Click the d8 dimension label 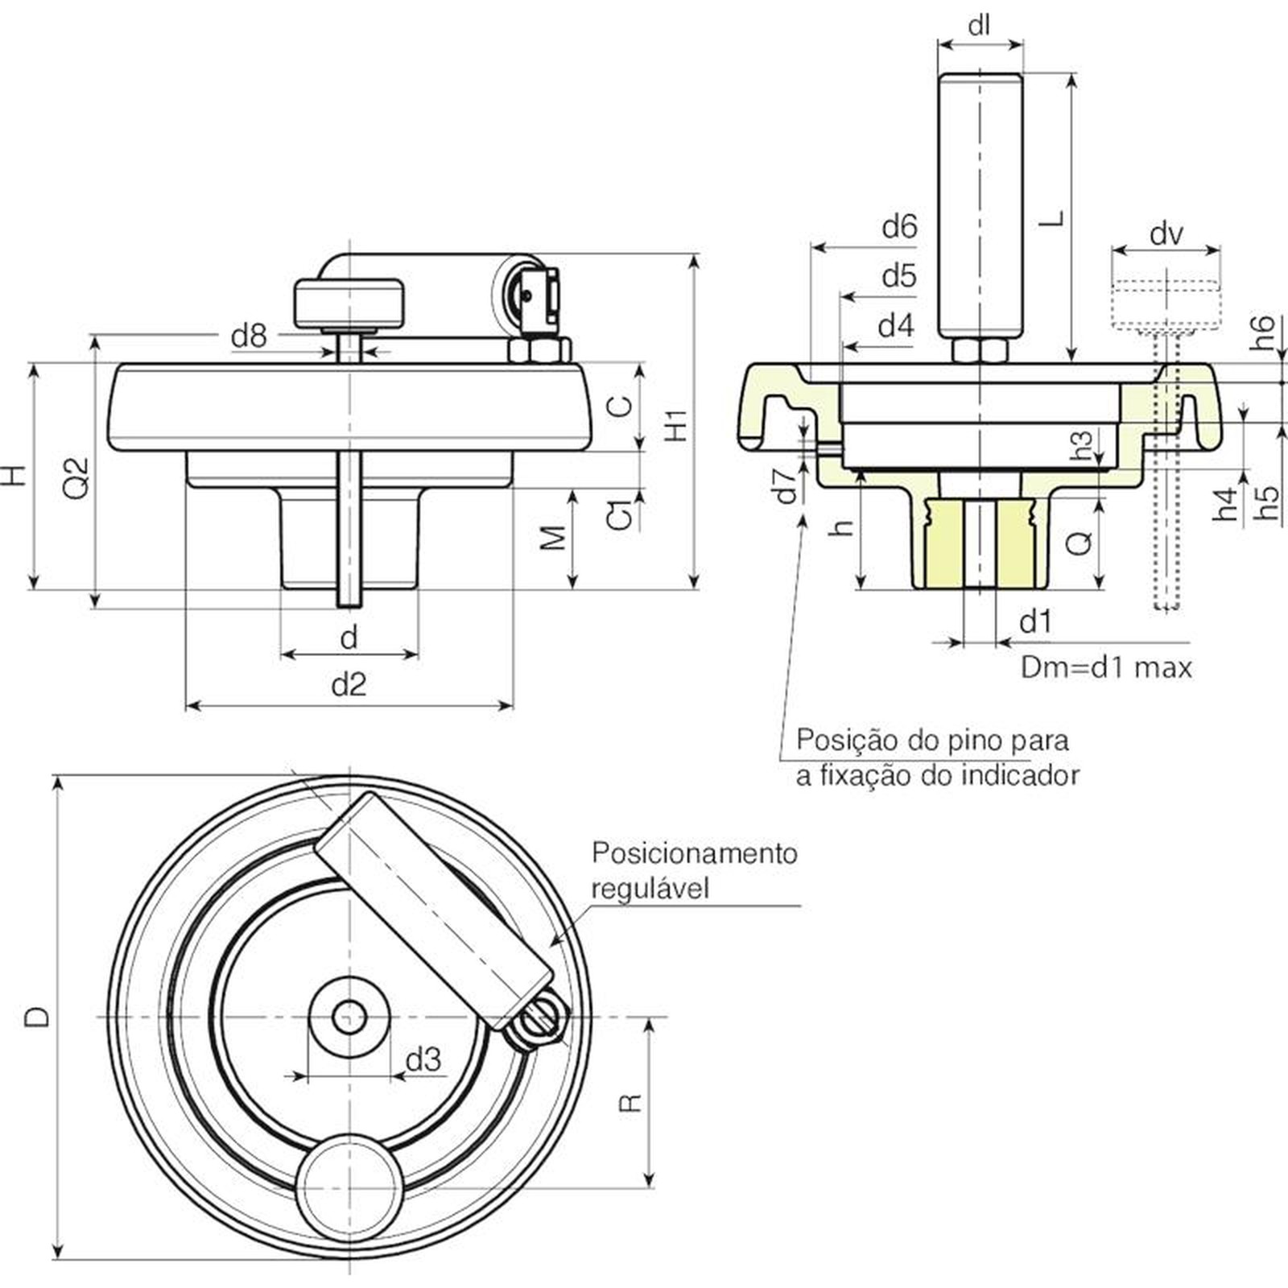[x=248, y=335]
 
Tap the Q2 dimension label [x=76, y=477]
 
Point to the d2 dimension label [x=349, y=685]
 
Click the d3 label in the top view [x=423, y=1060]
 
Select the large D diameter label [x=37, y=1017]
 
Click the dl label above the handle [x=979, y=26]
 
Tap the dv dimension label [x=1166, y=233]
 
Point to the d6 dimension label [x=899, y=227]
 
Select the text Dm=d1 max [x=1105, y=667]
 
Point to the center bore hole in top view [x=349, y=1018]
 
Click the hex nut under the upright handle [x=980, y=350]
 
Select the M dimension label [x=553, y=538]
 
